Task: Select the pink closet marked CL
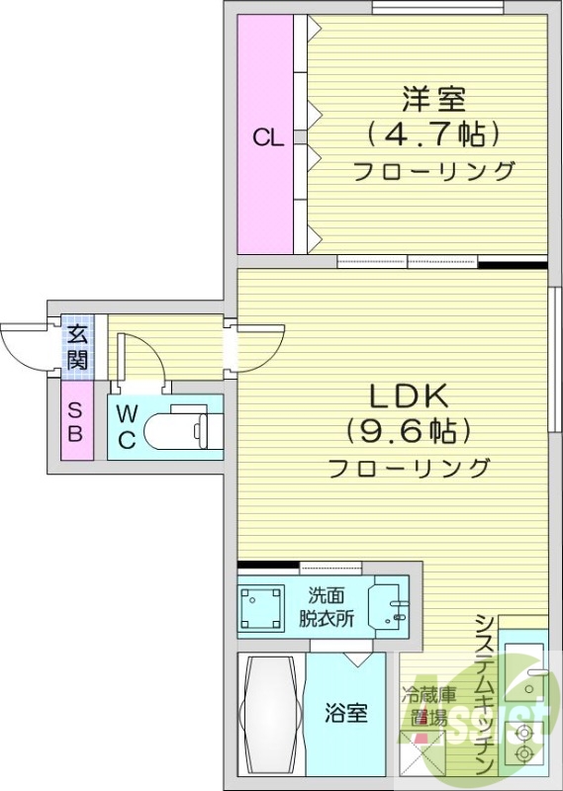tap(266, 137)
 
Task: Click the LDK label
tap(410, 396)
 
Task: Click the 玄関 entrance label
tap(77, 345)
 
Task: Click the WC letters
tap(127, 426)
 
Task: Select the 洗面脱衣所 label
tap(328, 607)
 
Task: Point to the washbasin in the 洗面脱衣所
tap(387, 606)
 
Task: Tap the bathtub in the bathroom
tap(270, 714)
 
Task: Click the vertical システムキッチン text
tap(484, 692)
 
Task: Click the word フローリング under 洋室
tap(434, 171)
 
